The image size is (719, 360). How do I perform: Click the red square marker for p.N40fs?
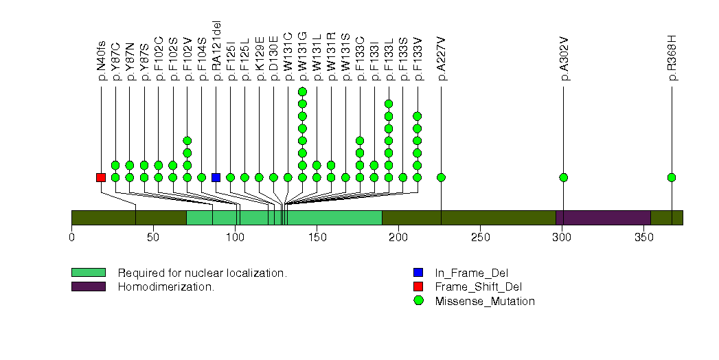(x=101, y=177)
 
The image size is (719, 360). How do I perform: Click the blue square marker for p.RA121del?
(x=216, y=177)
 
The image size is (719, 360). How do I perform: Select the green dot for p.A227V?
(x=441, y=177)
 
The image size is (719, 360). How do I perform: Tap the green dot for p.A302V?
(x=564, y=177)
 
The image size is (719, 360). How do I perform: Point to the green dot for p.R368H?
(x=672, y=177)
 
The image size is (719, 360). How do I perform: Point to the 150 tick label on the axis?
(x=317, y=238)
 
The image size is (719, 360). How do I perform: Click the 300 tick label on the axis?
(x=562, y=238)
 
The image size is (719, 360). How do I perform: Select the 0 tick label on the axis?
(x=71, y=238)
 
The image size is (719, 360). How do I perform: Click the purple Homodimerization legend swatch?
(x=88, y=286)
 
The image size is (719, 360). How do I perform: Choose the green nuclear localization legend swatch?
(x=88, y=273)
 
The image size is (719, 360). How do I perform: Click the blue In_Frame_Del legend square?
(x=418, y=273)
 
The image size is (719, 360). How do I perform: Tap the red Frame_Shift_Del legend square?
(x=418, y=286)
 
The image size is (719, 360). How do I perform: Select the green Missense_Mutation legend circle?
(x=418, y=301)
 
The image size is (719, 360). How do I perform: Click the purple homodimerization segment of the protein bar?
(x=603, y=218)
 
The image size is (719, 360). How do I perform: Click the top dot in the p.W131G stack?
(x=302, y=91)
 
